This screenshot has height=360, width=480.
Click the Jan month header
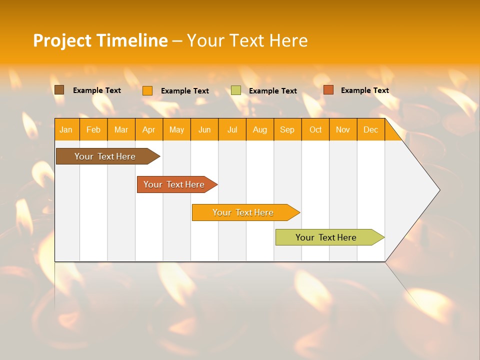coord(66,130)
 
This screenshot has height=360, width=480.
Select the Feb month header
coord(93,130)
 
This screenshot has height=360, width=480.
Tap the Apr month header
coord(148,130)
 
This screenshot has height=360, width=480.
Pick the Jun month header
coord(204,130)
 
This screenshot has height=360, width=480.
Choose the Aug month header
coord(259,130)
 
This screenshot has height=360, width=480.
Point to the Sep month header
coord(287,130)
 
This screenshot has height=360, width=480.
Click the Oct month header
coord(315,130)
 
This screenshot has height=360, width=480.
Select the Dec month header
coord(370,130)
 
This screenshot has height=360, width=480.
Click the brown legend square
coord(59,90)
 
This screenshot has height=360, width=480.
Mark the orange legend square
coord(147,90)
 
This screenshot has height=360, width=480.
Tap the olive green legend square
coord(236,90)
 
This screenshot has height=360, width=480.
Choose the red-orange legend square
coord(328,90)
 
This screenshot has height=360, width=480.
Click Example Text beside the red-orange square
coord(364,90)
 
